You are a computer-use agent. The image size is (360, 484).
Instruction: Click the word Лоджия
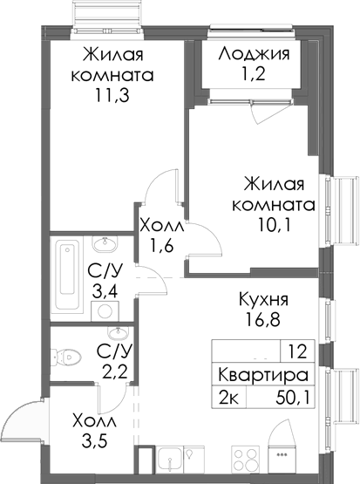(255, 52)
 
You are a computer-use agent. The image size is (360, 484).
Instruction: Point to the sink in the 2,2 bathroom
(117, 334)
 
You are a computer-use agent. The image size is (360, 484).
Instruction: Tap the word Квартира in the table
(263, 377)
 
